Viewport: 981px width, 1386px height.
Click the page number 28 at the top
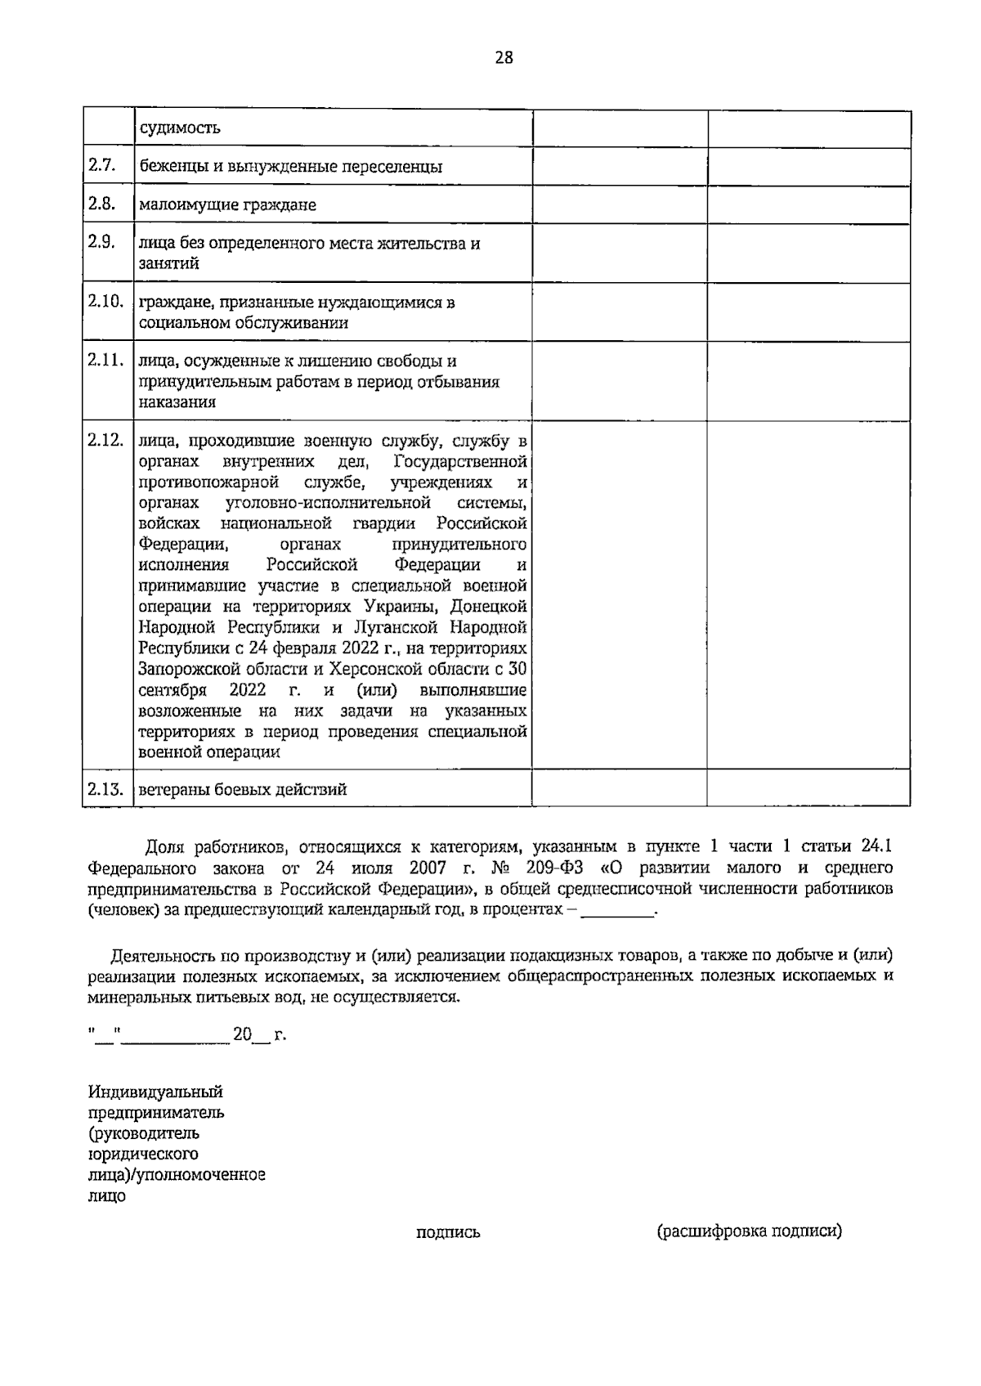[x=504, y=57]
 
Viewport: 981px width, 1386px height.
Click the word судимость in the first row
[x=180, y=128]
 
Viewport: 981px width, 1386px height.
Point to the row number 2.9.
[x=101, y=242]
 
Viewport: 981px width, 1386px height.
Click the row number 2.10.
[x=105, y=301]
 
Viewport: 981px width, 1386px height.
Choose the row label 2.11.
[x=105, y=360]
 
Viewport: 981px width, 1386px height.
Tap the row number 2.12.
[x=105, y=440]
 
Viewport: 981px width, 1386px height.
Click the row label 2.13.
[x=105, y=789]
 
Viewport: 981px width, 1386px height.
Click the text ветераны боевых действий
[x=243, y=790]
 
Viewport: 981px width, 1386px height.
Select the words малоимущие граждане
[x=227, y=205]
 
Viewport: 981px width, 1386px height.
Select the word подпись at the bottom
[x=448, y=1232]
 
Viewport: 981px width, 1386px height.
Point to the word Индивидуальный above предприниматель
[x=155, y=1092]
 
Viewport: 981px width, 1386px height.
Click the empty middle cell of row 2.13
[x=619, y=788]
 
